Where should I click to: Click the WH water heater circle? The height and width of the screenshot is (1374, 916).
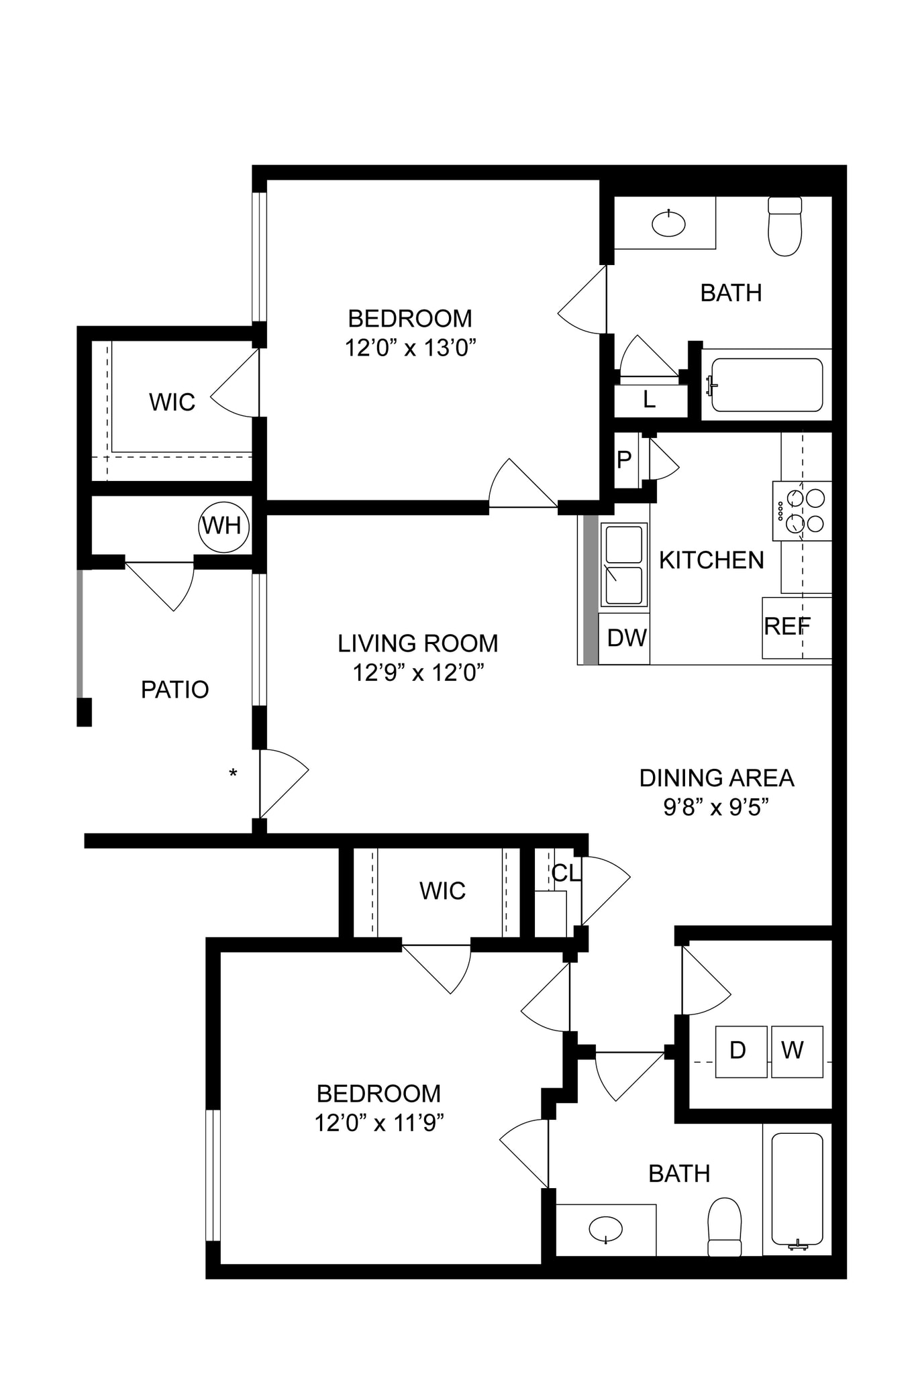click(x=223, y=527)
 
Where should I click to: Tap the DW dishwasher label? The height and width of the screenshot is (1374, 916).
click(x=626, y=638)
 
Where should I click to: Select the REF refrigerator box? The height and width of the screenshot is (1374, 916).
click(x=796, y=627)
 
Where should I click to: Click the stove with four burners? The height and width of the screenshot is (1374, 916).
click(x=803, y=511)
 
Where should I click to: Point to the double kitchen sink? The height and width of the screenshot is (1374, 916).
click(x=623, y=565)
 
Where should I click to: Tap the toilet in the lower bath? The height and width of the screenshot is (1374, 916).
click(x=725, y=1227)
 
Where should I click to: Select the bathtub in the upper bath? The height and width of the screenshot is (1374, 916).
click(x=767, y=385)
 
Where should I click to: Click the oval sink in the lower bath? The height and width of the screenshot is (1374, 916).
click(x=605, y=1229)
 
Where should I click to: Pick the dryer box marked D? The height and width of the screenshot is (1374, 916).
click(x=740, y=1051)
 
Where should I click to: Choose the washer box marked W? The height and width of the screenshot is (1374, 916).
click(x=797, y=1051)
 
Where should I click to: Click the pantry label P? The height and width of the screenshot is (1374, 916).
click(x=624, y=460)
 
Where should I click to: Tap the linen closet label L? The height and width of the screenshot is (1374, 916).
click(x=649, y=400)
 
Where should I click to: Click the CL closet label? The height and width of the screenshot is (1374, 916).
click(x=564, y=873)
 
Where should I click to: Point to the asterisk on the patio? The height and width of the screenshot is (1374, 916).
click(x=233, y=774)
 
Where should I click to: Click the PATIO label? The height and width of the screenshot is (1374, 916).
click(x=174, y=690)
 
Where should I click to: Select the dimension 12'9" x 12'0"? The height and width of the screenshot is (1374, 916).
click(x=418, y=672)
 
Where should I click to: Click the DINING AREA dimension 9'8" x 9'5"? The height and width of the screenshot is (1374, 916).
click(x=715, y=807)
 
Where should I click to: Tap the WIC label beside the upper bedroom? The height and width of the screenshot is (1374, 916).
click(x=172, y=403)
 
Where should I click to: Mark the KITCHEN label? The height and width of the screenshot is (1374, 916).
click(x=711, y=560)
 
